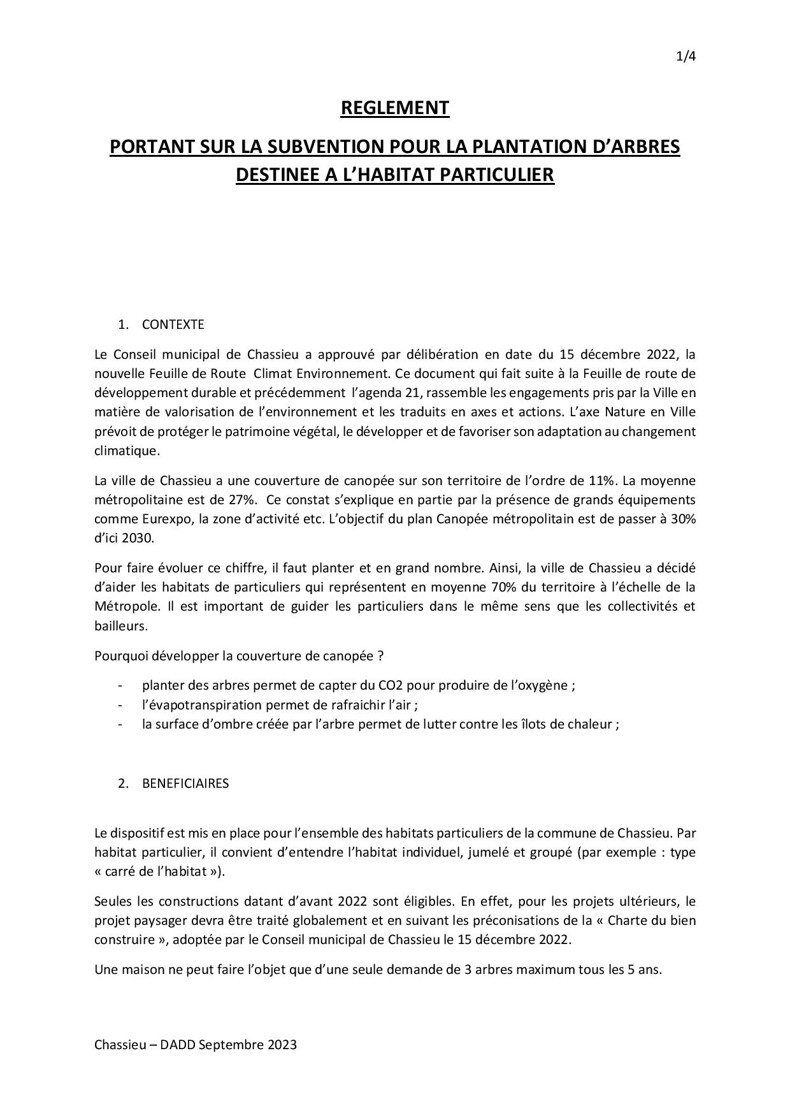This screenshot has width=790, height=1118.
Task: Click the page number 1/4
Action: pyautogui.click(x=686, y=57)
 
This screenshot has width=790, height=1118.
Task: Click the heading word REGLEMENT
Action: pyautogui.click(x=395, y=108)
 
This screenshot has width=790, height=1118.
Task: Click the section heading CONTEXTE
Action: pyautogui.click(x=173, y=324)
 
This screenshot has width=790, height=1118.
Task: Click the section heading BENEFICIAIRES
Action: pyautogui.click(x=185, y=783)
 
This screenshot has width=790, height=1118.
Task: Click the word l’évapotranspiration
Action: pyautogui.click(x=202, y=705)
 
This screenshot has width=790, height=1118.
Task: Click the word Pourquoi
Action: pyautogui.click(x=119, y=656)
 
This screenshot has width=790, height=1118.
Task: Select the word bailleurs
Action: pyautogui.click(x=120, y=626)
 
